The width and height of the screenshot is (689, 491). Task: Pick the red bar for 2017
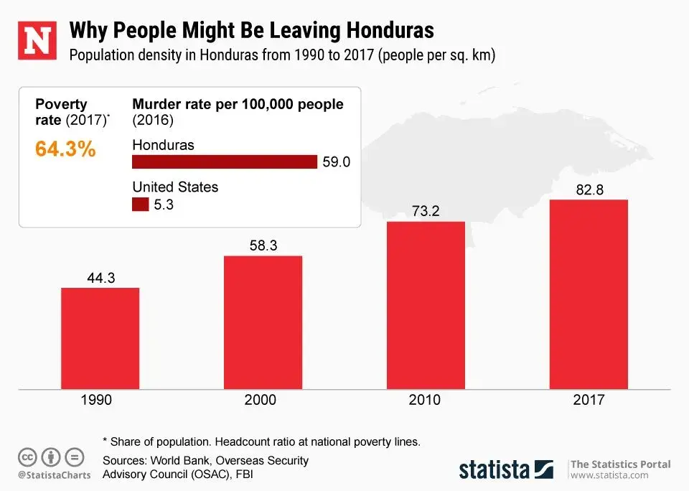tap(589, 294)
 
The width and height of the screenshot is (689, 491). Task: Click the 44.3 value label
tap(100, 279)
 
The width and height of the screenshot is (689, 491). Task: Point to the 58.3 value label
tap(263, 246)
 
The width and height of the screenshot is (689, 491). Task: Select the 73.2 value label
tap(426, 212)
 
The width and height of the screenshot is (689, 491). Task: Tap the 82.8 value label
tap(589, 190)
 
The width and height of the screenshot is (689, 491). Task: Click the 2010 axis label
tap(426, 401)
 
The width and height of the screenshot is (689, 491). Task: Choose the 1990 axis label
tap(95, 401)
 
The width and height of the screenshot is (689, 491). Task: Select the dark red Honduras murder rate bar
tap(225, 162)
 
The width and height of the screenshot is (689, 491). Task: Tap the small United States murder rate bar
tap(141, 205)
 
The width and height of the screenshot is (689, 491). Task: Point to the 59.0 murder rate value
tap(336, 162)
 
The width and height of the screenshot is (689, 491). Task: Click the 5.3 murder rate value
tap(164, 205)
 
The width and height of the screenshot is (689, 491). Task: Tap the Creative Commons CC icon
tap(27, 457)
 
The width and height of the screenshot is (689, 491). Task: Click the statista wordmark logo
tap(495, 469)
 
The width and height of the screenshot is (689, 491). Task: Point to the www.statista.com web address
tap(609, 475)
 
